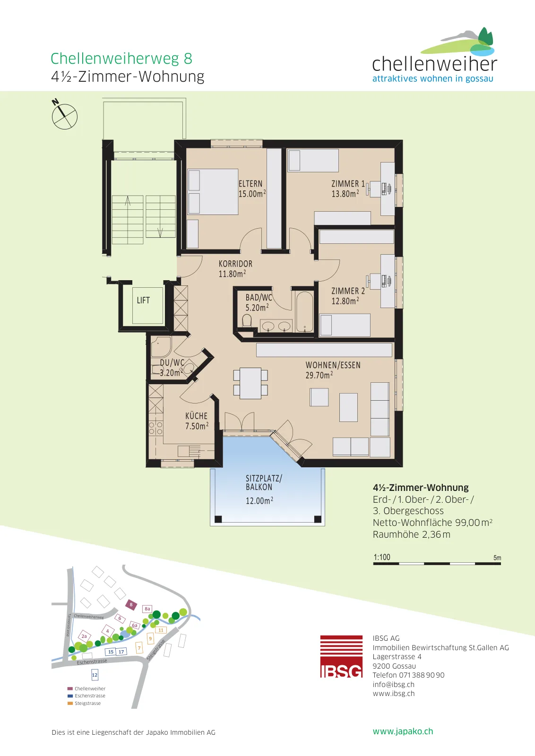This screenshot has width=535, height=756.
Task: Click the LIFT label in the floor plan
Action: [143, 300]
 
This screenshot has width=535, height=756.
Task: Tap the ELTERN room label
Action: [250, 184]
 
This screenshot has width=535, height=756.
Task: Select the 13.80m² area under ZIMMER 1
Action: [345, 194]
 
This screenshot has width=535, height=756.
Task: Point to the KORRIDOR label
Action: [235, 264]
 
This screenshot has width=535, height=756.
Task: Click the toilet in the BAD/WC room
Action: [247, 320]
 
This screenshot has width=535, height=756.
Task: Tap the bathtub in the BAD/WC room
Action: [304, 311]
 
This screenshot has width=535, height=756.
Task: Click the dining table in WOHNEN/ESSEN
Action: [250, 383]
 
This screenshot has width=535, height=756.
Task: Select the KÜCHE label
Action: [197, 416]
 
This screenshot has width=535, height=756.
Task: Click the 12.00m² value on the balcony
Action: [259, 500]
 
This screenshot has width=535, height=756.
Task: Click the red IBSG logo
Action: [341, 656]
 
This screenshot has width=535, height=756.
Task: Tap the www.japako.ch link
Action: [403, 731]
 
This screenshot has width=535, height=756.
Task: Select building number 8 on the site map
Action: [131, 604]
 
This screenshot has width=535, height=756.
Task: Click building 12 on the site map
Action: [95, 675]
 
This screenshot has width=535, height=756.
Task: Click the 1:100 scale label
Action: [382, 557]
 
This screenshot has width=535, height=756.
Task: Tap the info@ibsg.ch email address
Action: [394, 684]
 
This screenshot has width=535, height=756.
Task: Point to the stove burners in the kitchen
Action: [155, 428]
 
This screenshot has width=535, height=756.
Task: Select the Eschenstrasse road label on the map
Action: [92, 661]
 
